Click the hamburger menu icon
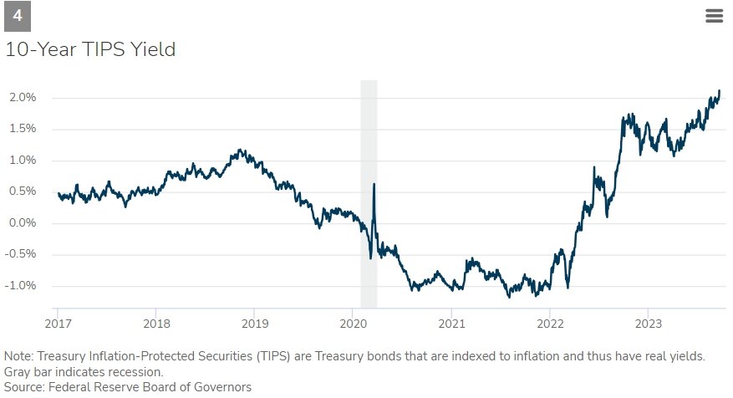[714, 16]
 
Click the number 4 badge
[18, 16]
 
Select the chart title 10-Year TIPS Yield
[90, 49]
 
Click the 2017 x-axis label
[58, 323]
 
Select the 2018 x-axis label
[156, 323]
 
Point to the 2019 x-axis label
[254, 323]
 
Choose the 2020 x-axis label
[353, 323]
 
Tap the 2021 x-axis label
[451, 323]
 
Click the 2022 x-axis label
[550, 323]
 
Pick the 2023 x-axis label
[649, 323]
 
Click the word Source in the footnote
[23, 387]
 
